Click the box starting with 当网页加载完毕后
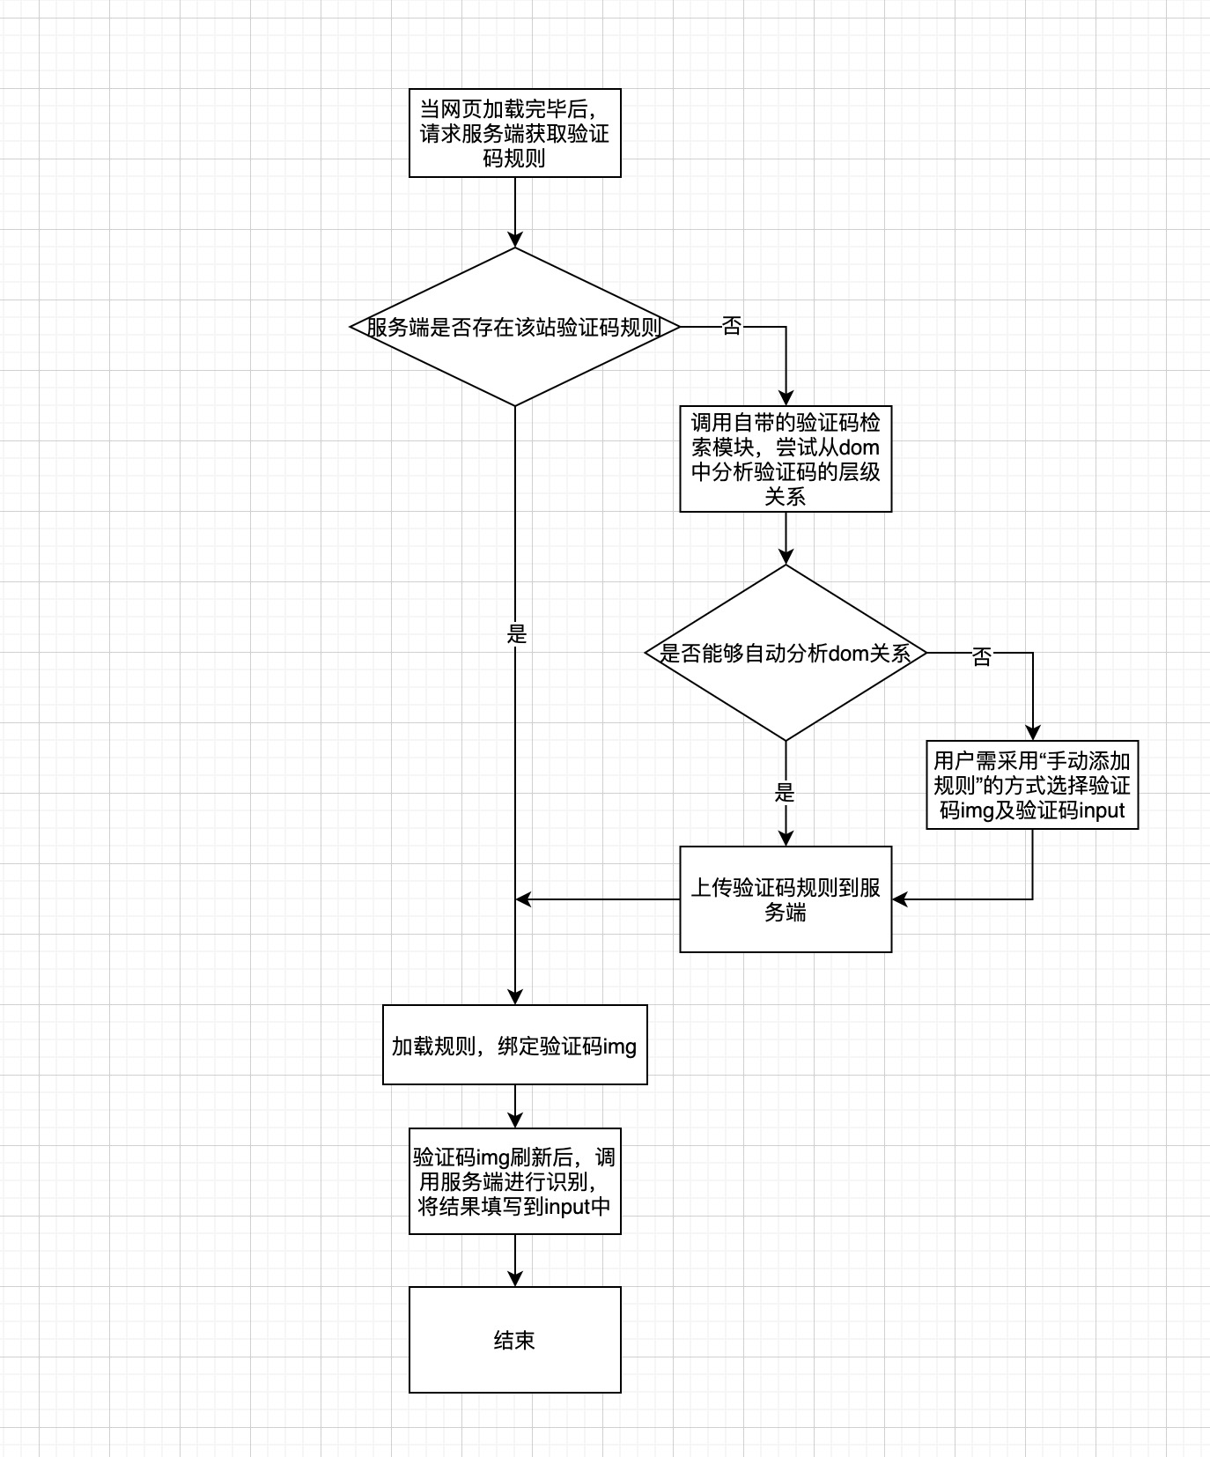(x=514, y=133)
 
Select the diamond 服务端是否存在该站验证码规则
(x=514, y=327)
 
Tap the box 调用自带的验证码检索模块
(x=786, y=459)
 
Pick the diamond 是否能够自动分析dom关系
(x=786, y=653)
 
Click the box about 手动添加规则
(x=1032, y=785)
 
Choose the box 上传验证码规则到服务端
(x=786, y=899)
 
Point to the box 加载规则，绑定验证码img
(x=514, y=1045)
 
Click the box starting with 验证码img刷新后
(x=514, y=1181)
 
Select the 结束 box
(x=514, y=1340)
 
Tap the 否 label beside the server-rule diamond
(x=731, y=327)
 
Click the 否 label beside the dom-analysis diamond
(x=981, y=656)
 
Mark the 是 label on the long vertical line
(x=517, y=634)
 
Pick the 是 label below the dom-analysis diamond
(x=785, y=793)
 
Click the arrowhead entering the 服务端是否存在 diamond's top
(x=515, y=240)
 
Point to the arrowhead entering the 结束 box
(x=515, y=1279)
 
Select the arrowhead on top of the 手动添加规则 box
(x=1032, y=733)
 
